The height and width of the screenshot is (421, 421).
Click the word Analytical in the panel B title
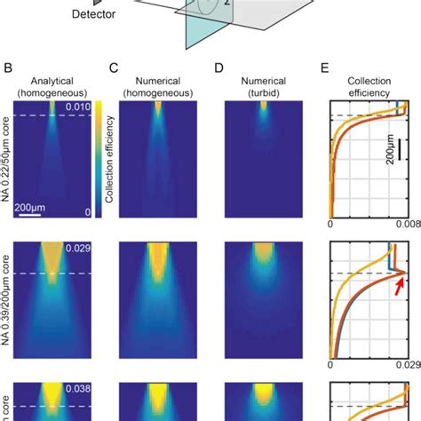click(x=55, y=78)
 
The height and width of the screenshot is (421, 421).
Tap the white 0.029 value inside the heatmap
click(x=75, y=250)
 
